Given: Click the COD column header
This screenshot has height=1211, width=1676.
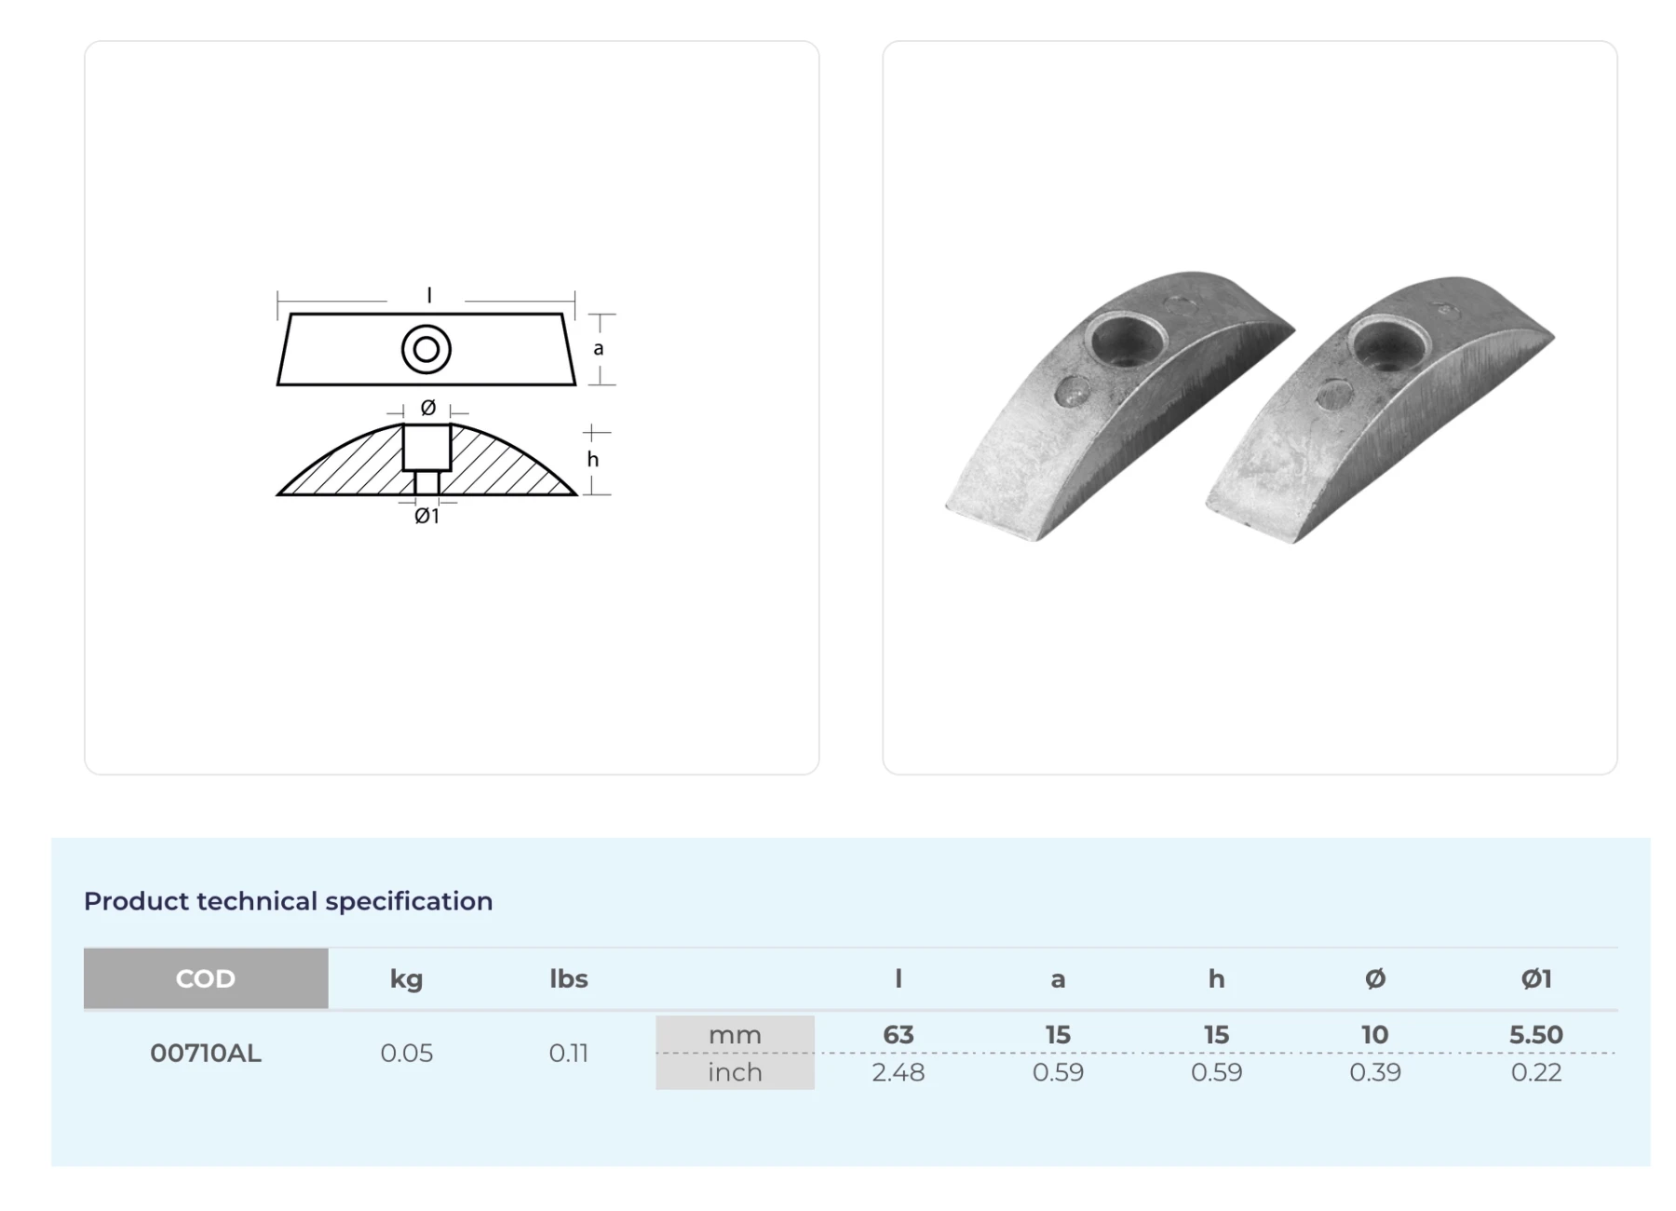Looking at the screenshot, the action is pyautogui.click(x=205, y=978).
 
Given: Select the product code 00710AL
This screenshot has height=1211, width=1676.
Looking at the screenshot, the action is pyautogui.click(x=206, y=1053).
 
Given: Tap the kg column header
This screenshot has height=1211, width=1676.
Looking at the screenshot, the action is pyautogui.click(x=406, y=979).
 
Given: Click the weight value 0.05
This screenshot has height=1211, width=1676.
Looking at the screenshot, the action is pyautogui.click(x=407, y=1053).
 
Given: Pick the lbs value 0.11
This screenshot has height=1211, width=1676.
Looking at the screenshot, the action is pyautogui.click(x=568, y=1053).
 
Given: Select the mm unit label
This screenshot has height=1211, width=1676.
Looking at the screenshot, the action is pyautogui.click(x=735, y=1034).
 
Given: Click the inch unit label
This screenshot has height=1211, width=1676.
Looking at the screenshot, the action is pyautogui.click(x=735, y=1072).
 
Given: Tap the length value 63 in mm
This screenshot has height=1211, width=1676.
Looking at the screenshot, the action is pyautogui.click(x=899, y=1034).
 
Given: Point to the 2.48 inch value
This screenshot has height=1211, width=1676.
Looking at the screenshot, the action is pyautogui.click(x=899, y=1072).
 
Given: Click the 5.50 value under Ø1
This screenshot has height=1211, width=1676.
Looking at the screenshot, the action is pyautogui.click(x=1536, y=1034).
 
